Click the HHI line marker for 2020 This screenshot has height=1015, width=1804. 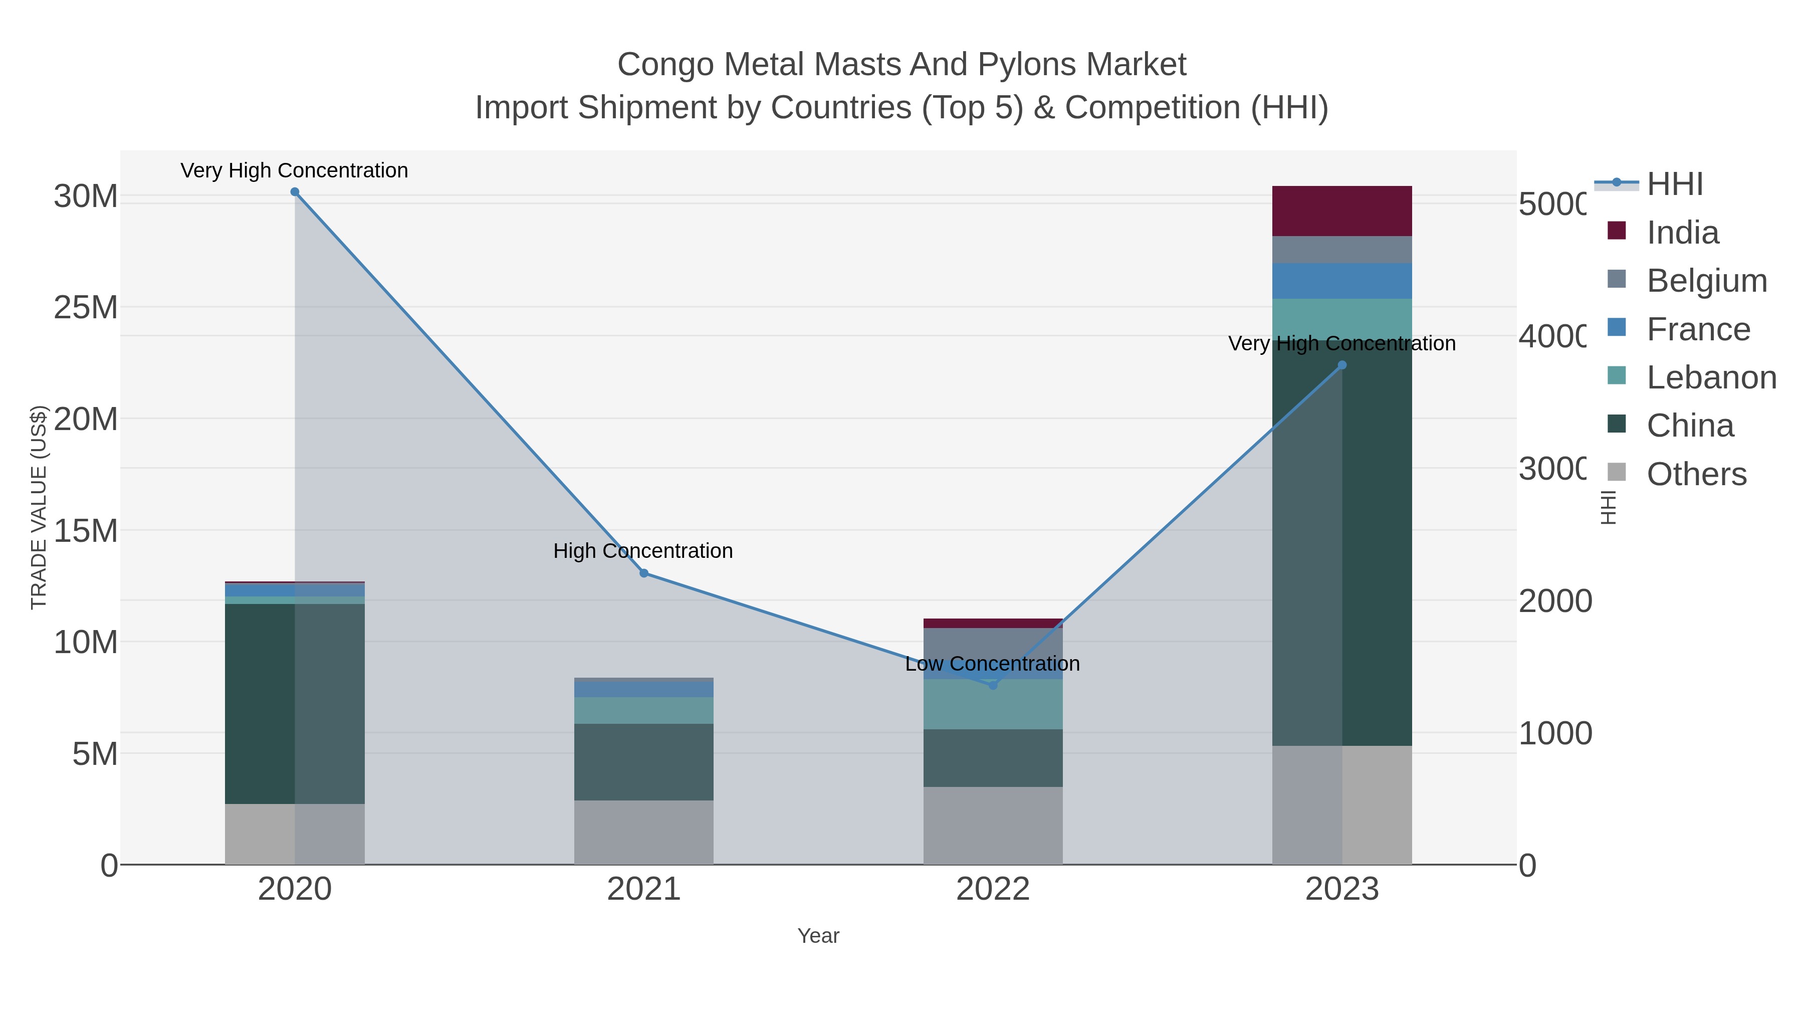(295, 192)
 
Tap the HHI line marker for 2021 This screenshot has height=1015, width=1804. (643, 573)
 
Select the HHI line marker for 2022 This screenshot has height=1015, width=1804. (992, 685)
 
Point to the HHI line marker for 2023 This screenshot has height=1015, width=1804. (1342, 365)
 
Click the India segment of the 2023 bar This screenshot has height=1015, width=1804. (1342, 211)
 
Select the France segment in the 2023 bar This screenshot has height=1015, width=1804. (1342, 281)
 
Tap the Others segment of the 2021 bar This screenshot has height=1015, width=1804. (643, 832)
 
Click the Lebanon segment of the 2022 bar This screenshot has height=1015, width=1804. (992, 704)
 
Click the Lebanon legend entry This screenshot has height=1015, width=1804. (1711, 377)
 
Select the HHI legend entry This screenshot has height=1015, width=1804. (1674, 184)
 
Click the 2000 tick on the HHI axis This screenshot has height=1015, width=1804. (1554, 601)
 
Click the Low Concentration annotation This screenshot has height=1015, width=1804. (992, 663)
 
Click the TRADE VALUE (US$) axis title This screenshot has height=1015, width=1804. (39, 507)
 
